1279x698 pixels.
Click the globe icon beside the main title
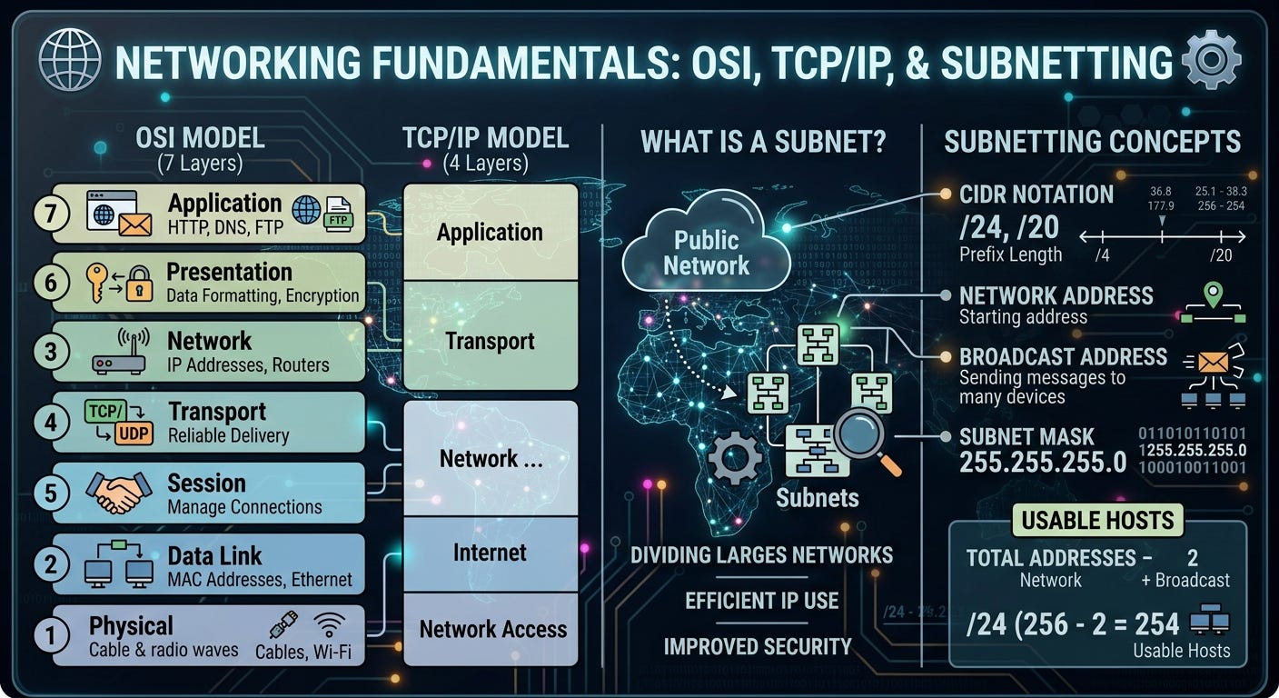[70, 60]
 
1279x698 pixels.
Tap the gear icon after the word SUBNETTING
[1211, 59]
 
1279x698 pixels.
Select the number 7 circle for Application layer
[51, 214]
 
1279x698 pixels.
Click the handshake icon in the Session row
[119, 493]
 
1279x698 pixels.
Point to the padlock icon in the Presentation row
[139, 284]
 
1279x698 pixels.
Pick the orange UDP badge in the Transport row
[134, 434]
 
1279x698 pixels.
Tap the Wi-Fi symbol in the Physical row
[329, 625]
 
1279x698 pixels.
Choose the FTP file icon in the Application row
[338, 214]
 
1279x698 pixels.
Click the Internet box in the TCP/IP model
[491, 553]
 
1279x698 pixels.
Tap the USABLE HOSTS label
[1097, 521]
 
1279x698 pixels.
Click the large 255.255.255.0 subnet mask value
[1043, 462]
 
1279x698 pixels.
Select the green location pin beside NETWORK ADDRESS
[1213, 294]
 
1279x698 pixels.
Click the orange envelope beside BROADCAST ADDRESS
[1213, 362]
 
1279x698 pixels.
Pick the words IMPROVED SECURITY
[758, 646]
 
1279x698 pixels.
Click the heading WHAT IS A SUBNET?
[763, 142]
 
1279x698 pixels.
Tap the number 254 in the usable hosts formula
[1156, 623]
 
